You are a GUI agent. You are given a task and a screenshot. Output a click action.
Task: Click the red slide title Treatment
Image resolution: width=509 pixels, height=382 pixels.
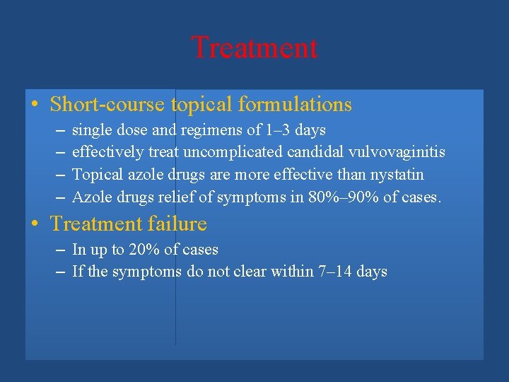click(x=255, y=48)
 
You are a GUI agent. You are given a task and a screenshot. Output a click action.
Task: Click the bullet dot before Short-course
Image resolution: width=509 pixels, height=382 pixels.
click(x=35, y=105)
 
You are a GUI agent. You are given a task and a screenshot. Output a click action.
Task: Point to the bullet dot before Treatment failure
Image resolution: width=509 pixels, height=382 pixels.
click(x=35, y=224)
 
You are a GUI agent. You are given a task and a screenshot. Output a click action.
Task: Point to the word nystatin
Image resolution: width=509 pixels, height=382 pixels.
click(x=398, y=175)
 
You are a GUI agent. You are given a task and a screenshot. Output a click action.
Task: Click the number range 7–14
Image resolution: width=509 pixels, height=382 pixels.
click(x=335, y=272)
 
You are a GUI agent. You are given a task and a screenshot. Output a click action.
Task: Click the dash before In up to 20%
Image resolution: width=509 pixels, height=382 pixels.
click(x=59, y=250)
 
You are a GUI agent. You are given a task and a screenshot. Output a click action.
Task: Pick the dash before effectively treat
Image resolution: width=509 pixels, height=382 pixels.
click(x=59, y=153)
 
